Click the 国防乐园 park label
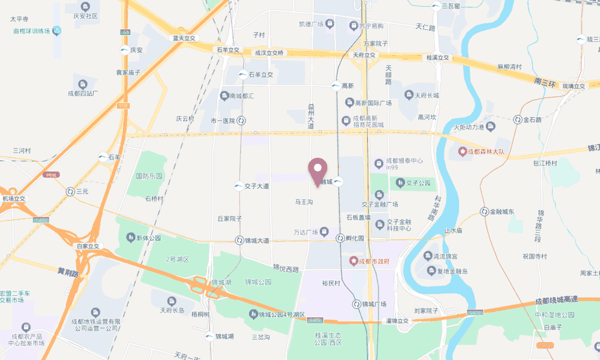149,176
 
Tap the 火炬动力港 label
468,127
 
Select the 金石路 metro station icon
517,120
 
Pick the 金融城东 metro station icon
484,211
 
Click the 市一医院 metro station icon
241,121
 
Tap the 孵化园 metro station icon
340,238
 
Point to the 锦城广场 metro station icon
357,304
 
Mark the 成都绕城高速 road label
556,300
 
